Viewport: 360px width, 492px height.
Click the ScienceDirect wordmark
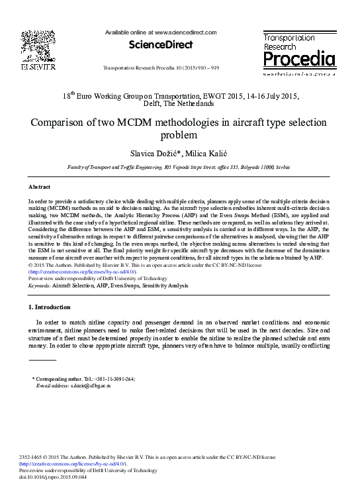[x=161, y=45]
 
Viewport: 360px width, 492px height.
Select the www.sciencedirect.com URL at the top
[x=185, y=32]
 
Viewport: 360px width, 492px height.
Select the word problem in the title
[x=179, y=136]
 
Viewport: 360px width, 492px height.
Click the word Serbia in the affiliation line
[x=283, y=168]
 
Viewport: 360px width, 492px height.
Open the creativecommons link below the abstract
[x=83, y=271]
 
